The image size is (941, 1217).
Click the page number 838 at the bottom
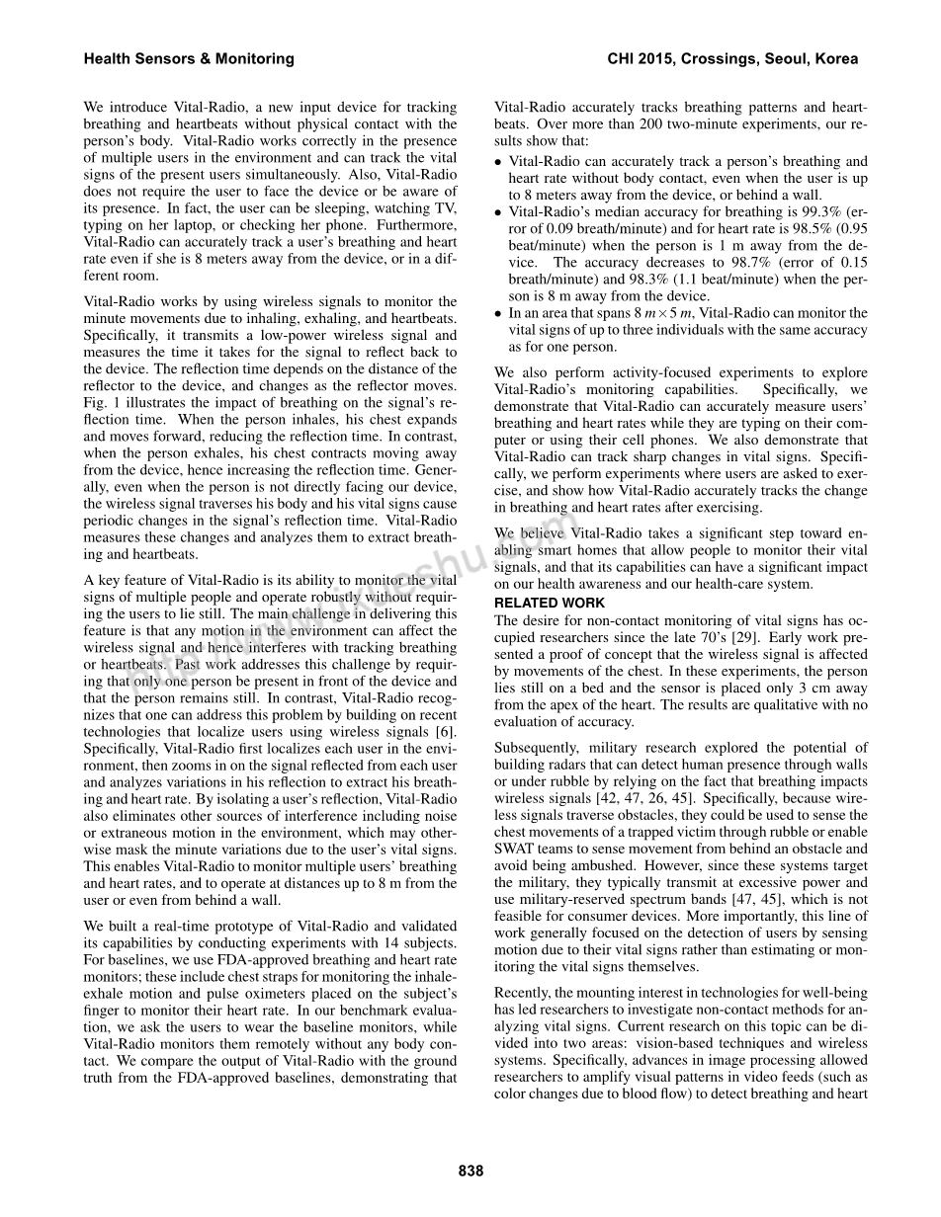tap(470, 1171)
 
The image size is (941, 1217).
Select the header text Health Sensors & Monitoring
tap(189, 59)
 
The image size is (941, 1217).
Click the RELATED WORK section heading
tap(550, 603)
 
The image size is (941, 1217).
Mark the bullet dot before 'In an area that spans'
tap(498, 314)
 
